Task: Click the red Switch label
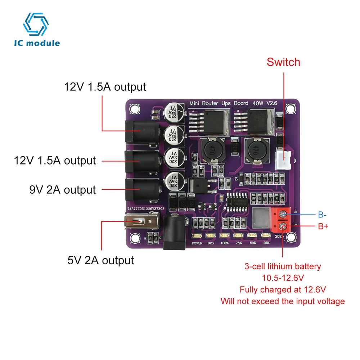[283, 62]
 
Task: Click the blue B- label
[322, 215]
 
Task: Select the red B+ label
[323, 227]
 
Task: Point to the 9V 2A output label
[63, 190]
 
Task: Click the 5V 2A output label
[101, 260]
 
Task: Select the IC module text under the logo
[37, 43]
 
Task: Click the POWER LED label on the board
[197, 243]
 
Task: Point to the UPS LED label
[211, 243]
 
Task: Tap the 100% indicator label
[224, 243]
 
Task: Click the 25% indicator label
[266, 243]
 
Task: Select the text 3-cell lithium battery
[283, 267]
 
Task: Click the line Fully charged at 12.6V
[283, 289]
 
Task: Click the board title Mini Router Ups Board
[219, 103]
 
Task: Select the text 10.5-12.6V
[283, 278]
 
